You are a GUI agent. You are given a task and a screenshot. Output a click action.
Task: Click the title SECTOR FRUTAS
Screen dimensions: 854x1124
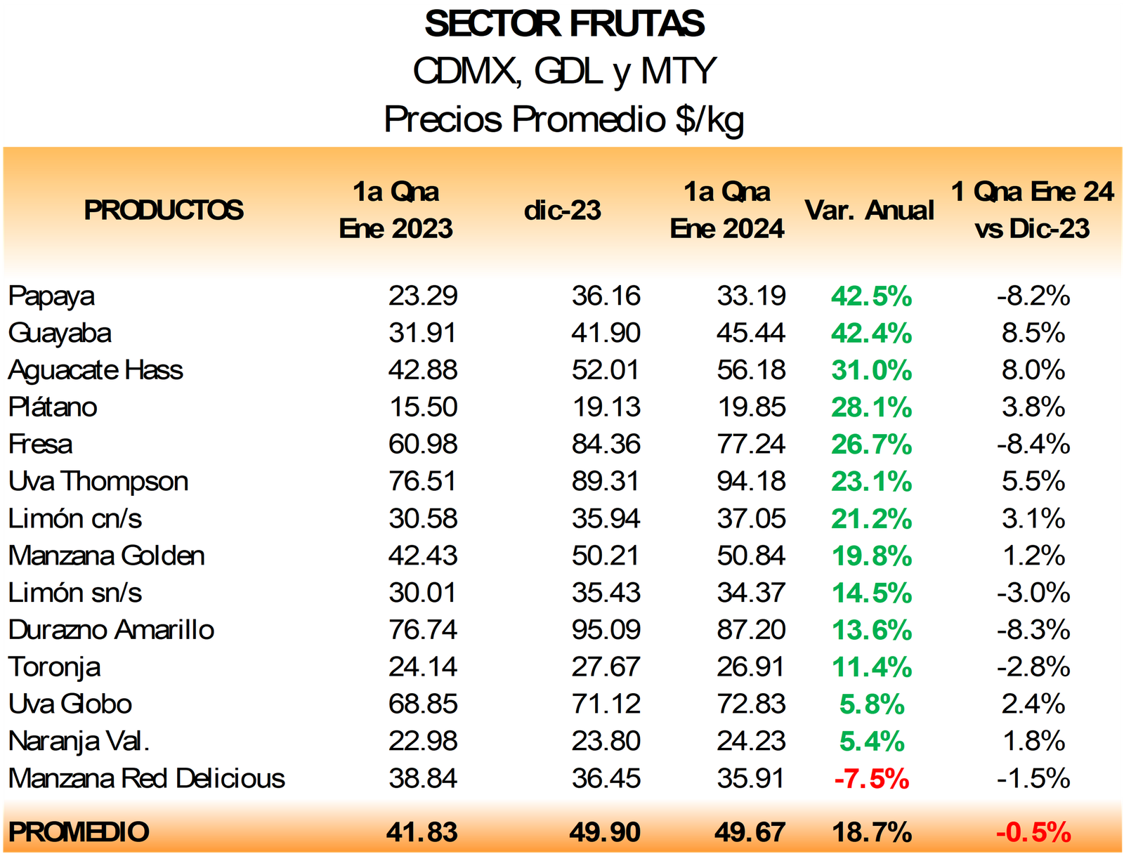pos(564,24)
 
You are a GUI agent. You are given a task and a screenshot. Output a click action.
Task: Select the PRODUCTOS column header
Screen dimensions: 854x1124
pos(164,210)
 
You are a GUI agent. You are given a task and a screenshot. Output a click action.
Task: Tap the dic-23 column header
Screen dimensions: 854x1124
pos(563,210)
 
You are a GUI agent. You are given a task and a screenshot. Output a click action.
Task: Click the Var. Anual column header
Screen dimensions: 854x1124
pos(870,210)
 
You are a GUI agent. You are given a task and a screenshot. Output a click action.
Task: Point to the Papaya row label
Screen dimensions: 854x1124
pos(51,296)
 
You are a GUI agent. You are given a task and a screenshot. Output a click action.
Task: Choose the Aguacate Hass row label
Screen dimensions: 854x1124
pos(96,370)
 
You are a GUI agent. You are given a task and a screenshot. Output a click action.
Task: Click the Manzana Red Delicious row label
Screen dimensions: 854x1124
pos(147,778)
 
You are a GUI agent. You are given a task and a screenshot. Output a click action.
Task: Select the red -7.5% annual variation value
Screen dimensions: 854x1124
pos(872,779)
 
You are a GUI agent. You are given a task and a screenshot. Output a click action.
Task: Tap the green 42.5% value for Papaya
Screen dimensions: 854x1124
pos(871,296)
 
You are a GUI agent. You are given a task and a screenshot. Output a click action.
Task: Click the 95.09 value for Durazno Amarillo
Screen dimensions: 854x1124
pos(606,630)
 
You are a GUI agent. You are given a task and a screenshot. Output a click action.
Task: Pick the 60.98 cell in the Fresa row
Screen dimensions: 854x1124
pos(423,445)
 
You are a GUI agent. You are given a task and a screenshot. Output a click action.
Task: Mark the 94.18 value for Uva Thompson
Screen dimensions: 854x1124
pos(751,482)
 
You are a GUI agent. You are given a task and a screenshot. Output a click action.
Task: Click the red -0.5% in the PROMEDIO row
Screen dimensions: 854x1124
pos(1033,832)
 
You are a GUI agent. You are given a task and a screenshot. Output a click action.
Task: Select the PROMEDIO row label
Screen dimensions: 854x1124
pos(79,832)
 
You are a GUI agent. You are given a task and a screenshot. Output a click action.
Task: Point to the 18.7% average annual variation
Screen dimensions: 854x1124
pos(872,832)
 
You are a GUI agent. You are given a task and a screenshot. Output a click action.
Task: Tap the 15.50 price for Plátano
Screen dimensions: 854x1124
pos(423,407)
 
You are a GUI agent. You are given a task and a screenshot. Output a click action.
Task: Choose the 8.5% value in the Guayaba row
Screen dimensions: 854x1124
pos(1033,333)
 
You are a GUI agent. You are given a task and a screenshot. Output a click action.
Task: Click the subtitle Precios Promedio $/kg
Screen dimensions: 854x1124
pos(563,119)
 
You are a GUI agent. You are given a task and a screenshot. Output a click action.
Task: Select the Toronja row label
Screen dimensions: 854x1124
pos(54,667)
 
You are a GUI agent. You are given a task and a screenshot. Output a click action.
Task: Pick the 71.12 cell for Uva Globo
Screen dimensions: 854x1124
pos(606,704)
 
